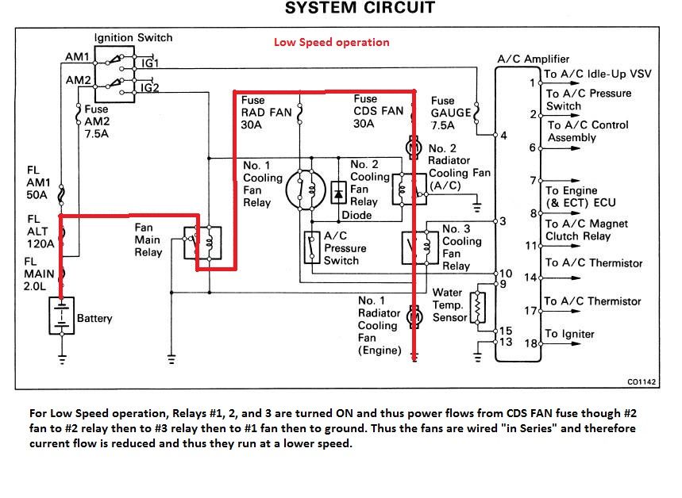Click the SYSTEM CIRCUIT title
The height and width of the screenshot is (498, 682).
click(x=360, y=9)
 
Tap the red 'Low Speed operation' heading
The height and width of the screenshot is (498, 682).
click(x=332, y=42)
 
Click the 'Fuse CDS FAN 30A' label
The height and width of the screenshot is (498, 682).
click(x=379, y=106)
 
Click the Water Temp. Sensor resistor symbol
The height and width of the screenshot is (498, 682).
click(x=477, y=306)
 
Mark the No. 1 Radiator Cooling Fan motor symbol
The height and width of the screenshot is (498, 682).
click(x=413, y=317)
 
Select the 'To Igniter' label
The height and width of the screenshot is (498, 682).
click(x=569, y=334)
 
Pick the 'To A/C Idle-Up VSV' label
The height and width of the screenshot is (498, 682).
click(x=597, y=74)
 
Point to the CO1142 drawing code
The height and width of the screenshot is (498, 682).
click(x=642, y=381)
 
